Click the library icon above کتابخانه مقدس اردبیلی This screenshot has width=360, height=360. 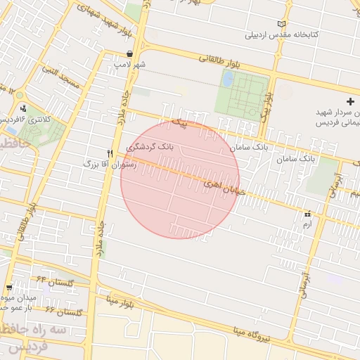point(282,23)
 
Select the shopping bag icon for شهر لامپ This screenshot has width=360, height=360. point(130,53)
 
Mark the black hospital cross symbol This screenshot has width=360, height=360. point(351,103)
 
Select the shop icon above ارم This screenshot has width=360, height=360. point(307,214)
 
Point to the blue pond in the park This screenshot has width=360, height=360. point(228,79)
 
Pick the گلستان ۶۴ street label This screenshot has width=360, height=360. point(56,281)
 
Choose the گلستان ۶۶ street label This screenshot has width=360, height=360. point(64,310)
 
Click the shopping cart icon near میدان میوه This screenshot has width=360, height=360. point(8,287)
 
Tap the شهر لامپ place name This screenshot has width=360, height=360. point(130,65)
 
